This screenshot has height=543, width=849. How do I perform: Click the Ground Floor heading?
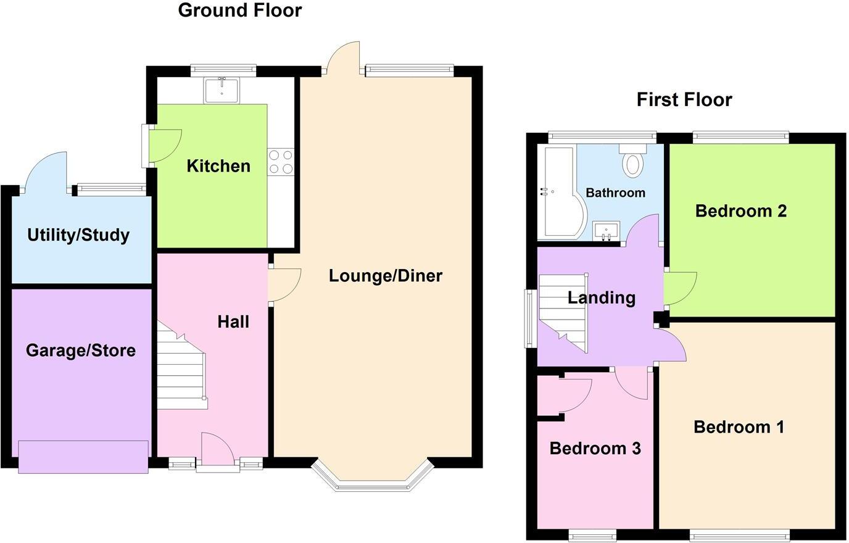click(x=239, y=10)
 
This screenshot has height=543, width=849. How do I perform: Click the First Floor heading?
click(x=684, y=99)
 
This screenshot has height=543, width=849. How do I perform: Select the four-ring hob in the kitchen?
click(x=281, y=162)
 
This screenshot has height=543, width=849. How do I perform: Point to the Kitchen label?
click(x=218, y=166)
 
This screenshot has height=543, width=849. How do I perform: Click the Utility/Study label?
click(x=78, y=235)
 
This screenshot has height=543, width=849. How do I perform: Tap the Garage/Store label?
click(x=81, y=350)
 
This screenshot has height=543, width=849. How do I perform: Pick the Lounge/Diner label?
click(x=385, y=275)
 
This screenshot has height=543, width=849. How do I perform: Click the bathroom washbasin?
click(x=606, y=231)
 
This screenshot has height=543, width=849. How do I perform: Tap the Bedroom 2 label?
click(x=740, y=211)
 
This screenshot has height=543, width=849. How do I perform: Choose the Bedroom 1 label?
click(x=739, y=427)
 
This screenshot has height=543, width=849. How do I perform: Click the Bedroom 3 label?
click(x=595, y=449)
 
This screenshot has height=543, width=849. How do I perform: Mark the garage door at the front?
click(x=83, y=457)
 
